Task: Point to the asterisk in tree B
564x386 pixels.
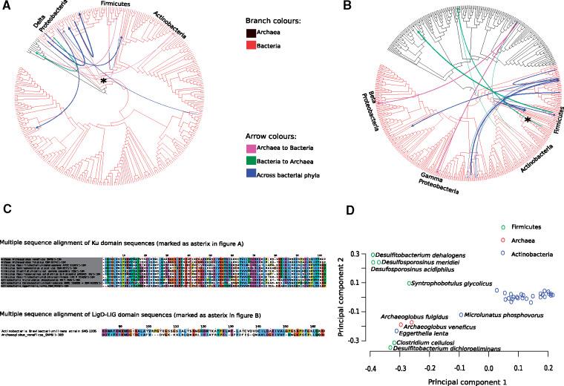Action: click(527, 120)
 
